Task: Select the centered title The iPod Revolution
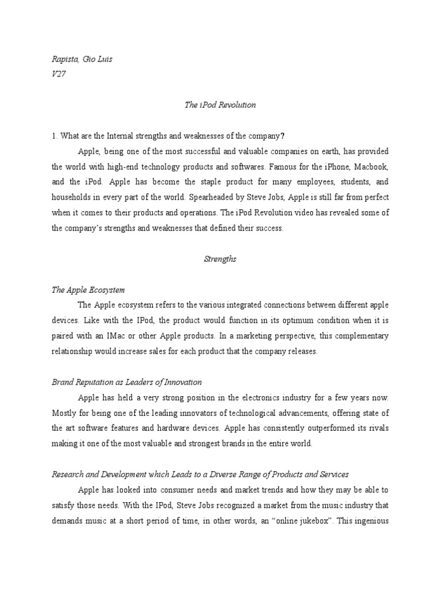pos(220,105)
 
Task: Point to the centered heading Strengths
pos(220,259)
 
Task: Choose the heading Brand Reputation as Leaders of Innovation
pos(126,382)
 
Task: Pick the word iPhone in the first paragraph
pos(321,167)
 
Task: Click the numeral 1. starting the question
pos(55,136)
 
